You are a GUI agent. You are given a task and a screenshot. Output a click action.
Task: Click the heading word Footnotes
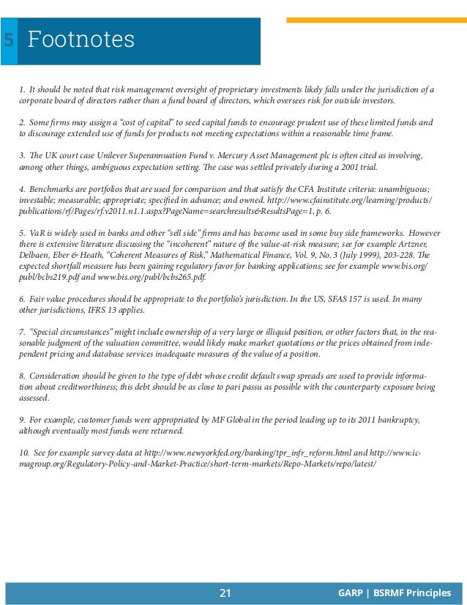81,40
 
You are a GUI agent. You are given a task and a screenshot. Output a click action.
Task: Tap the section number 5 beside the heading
8,40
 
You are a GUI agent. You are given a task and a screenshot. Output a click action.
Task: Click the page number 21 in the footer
225,593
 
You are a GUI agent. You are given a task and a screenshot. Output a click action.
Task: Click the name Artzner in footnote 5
412,245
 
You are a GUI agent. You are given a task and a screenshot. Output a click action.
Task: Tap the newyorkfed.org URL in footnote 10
227,453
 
